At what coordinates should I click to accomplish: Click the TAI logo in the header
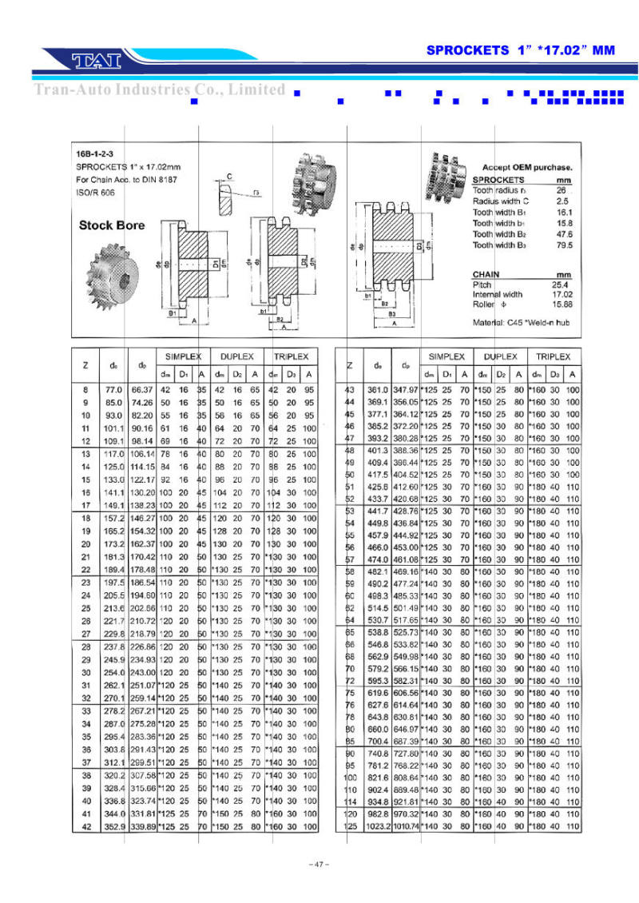[95, 60]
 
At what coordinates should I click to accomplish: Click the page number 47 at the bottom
[319, 865]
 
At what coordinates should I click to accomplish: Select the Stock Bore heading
[112, 225]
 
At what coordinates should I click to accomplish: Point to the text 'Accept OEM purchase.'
[527, 167]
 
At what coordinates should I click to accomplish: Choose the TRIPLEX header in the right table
[553, 356]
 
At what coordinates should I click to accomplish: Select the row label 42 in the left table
[86, 825]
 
